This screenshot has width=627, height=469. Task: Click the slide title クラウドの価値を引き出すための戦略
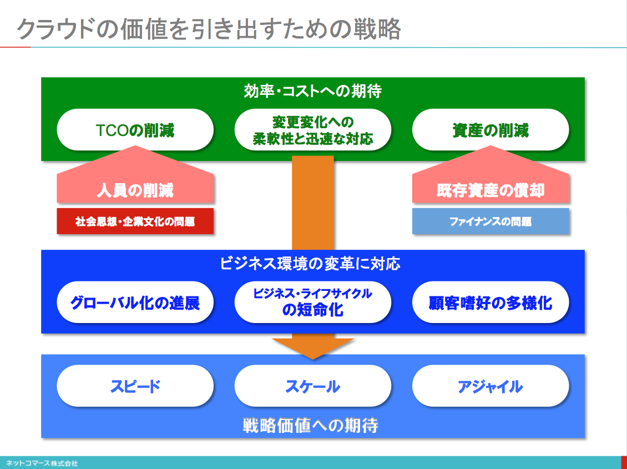coord(209,29)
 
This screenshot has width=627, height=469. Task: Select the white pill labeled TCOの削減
coord(135,129)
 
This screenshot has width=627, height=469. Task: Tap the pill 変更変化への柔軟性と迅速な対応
coord(313,129)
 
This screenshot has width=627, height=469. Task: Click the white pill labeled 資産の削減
coord(491,129)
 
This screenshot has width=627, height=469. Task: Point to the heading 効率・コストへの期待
coord(313,91)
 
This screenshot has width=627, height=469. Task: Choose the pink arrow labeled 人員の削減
coord(135,176)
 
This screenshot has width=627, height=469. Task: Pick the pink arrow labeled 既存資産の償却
coord(491,176)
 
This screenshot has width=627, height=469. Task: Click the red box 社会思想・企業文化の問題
coord(135,221)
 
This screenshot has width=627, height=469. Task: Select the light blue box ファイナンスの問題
coord(491,221)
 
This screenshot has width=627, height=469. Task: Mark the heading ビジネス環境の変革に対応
coord(310,264)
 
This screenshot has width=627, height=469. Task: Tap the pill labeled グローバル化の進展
coord(135,302)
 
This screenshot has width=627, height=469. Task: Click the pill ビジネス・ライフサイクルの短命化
coord(313,302)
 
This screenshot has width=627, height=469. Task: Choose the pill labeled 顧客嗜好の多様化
coord(491,302)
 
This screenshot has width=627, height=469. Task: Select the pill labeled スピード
coord(135,386)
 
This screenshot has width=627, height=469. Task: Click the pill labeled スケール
coord(313,386)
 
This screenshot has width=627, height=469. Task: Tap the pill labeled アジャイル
coord(491,386)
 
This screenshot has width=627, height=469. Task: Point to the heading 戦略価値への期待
coord(310,425)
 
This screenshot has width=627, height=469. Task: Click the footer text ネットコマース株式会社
coord(42,463)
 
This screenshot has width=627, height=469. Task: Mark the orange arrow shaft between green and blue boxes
coord(313,203)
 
